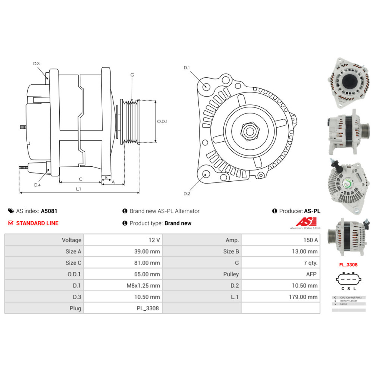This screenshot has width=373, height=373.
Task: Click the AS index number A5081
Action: pyautogui.click(x=49, y=211)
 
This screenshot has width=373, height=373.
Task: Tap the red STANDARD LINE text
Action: pyautogui.click(x=37, y=223)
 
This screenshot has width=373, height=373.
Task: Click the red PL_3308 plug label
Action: pyautogui.click(x=348, y=265)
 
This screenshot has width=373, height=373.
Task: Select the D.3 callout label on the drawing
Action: pyautogui.click(x=36, y=64)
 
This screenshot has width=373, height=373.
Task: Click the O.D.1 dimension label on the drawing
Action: pyautogui.click(x=162, y=121)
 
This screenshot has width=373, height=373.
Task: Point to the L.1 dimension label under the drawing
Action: pyautogui.click(x=78, y=189)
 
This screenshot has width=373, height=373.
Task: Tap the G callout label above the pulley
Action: pyautogui.click(x=132, y=75)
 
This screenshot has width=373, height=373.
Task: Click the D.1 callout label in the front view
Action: pyautogui.click(x=187, y=68)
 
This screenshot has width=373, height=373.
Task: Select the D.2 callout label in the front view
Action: pyautogui.click(x=187, y=194)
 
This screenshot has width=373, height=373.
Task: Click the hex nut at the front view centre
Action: pyautogui.click(x=248, y=131)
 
